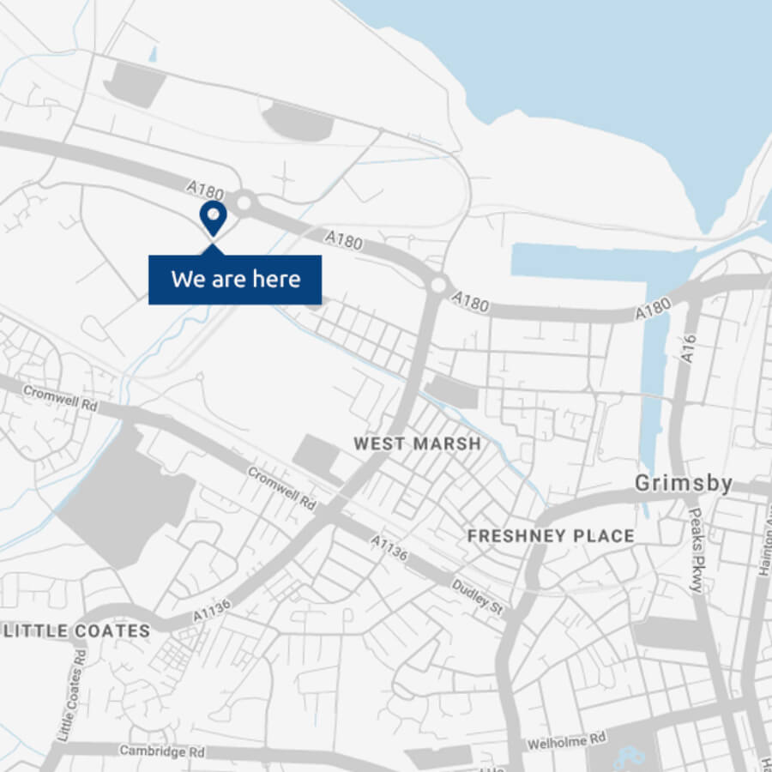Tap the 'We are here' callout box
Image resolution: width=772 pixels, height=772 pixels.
pyautogui.click(x=235, y=280)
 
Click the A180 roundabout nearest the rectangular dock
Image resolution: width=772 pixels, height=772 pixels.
pyautogui.click(x=439, y=284)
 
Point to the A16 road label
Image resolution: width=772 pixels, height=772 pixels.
pyautogui.click(x=691, y=348)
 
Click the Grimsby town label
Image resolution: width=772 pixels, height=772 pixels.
pyautogui.click(x=684, y=484)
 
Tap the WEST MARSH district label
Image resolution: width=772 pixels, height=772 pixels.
pyautogui.click(x=418, y=444)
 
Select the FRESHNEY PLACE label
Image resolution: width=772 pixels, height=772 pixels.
pyautogui.click(x=551, y=536)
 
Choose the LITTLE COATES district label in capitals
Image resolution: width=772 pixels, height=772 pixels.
pyautogui.click(x=77, y=631)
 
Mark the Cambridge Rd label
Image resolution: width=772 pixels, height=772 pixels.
pyautogui.click(x=162, y=752)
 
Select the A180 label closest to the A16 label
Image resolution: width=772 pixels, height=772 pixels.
pyautogui.click(x=653, y=310)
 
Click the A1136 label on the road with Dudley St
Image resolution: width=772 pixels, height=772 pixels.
pyautogui.click(x=390, y=550)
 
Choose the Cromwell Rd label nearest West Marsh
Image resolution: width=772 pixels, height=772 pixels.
pyautogui.click(x=282, y=488)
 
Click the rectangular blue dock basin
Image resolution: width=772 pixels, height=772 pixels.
pyautogui.click(x=592, y=260)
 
